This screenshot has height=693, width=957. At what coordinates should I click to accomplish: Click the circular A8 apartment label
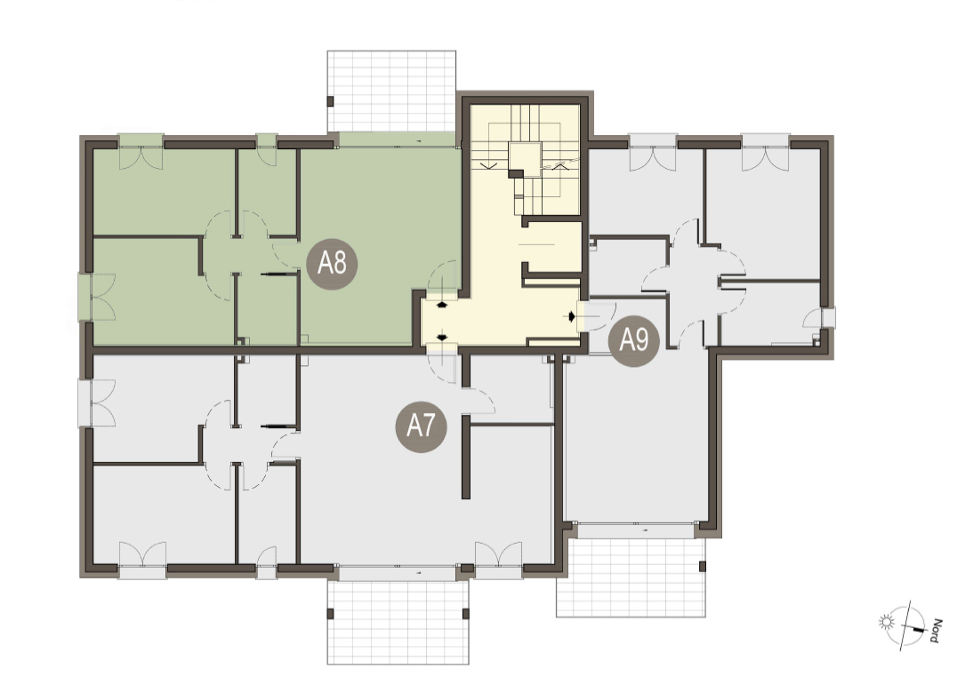[332, 264]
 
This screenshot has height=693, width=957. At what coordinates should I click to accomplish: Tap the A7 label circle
[421, 426]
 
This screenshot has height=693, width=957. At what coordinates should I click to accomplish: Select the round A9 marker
[634, 340]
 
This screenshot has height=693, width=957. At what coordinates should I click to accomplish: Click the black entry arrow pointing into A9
[572, 316]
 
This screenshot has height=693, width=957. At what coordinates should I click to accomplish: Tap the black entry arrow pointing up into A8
[442, 304]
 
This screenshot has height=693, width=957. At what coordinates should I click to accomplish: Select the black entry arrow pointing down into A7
[442, 337]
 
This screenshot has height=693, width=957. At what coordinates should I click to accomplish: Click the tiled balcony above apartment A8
[392, 91]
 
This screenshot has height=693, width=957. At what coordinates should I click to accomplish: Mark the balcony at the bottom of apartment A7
[398, 622]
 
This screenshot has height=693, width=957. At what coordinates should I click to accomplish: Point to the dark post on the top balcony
[330, 102]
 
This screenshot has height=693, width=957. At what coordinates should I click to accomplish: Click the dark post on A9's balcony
[703, 566]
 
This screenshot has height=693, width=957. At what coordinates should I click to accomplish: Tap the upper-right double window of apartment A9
[766, 151]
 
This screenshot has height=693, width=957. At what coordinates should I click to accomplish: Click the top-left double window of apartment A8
[141, 150]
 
